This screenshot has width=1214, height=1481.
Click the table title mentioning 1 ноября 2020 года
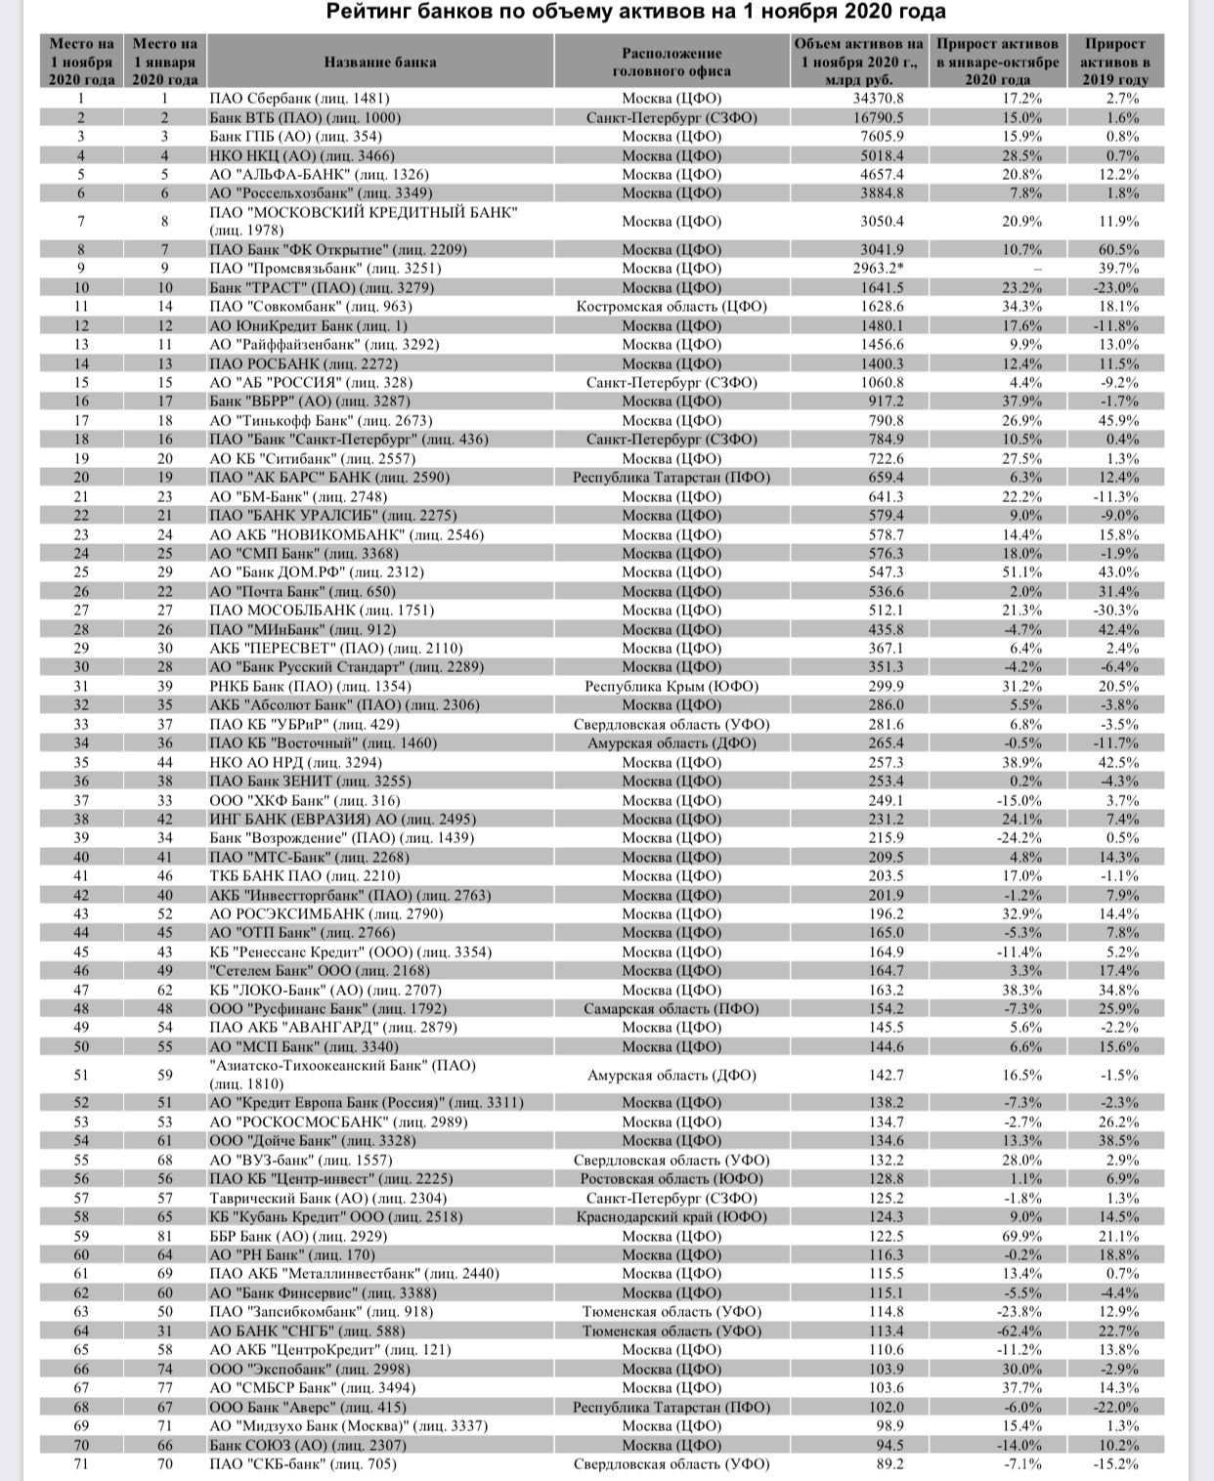click(x=635, y=13)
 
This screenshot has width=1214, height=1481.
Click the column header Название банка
click(x=380, y=62)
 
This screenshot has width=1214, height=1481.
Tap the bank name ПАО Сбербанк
click(x=299, y=99)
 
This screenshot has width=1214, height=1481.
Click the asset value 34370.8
click(x=878, y=99)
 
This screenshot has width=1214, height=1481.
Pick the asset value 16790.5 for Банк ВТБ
click(x=878, y=117)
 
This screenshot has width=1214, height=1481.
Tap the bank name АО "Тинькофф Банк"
click(x=321, y=420)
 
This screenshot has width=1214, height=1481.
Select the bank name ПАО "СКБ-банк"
click(x=303, y=1463)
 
